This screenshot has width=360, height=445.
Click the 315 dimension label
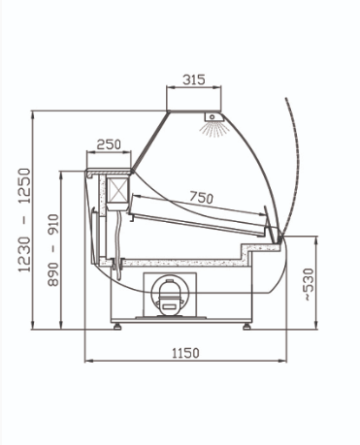tap(194, 79)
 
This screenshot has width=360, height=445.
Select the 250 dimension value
tap(109, 144)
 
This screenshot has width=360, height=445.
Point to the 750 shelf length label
tap(201, 197)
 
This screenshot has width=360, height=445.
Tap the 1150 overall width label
tap(185, 353)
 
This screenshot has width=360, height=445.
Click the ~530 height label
tap(309, 284)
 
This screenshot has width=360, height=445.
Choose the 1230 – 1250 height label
tap(24, 220)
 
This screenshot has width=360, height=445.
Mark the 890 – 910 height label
tap(53, 250)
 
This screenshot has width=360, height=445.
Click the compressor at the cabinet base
tap(169, 297)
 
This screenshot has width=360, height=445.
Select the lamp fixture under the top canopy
tap(213, 116)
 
